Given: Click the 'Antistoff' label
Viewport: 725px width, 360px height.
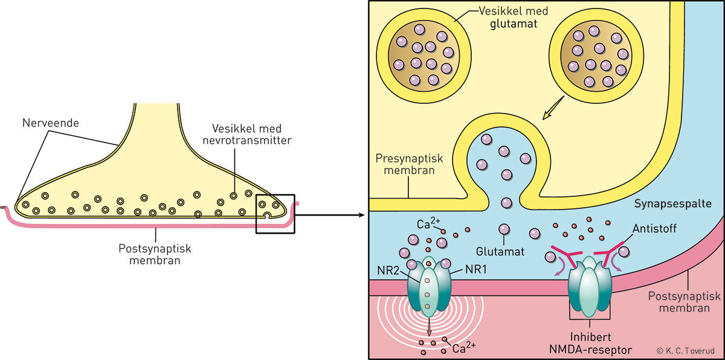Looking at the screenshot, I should (x=656, y=230).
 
